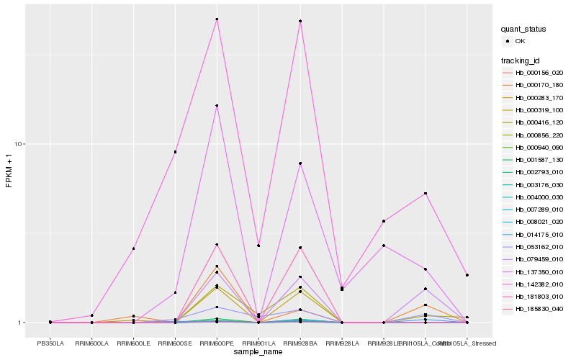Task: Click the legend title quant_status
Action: [523, 29]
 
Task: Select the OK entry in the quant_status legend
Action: [519, 41]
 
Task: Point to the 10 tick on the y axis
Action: [20, 144]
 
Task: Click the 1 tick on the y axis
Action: [22, 323]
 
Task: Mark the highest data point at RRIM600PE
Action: [217, 19]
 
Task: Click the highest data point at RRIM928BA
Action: [300, 22]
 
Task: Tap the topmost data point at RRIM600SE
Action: [175, 152]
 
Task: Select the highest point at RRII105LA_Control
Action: [426, 194]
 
